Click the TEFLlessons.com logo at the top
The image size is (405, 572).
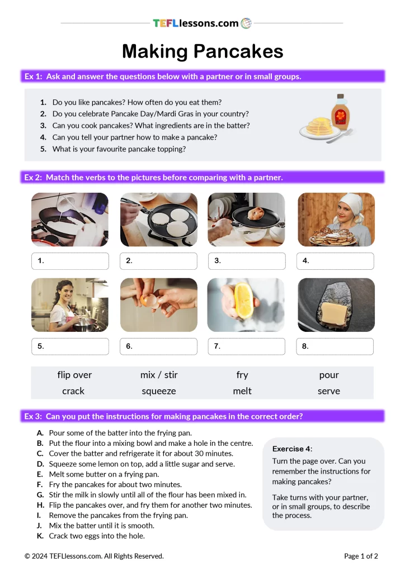point(202,23)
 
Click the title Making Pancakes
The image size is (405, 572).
point(202,51)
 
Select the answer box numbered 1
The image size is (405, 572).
point(70,261)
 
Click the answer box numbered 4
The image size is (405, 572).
point(335,261)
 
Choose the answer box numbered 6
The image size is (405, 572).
point(158,346)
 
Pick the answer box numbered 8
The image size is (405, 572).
point(335,346)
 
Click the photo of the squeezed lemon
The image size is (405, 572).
point(247,305)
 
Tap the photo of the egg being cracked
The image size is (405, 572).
point(158,305)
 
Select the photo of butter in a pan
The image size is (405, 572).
point(336,305)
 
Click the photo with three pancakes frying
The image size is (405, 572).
point(158,220)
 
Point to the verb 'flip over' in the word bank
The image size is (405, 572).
point(74,375)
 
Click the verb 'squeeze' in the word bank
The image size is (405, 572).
point(159,391)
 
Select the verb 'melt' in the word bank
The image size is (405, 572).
point(242,391)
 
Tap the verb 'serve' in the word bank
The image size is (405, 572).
point(329,391)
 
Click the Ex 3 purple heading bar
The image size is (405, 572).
point(202,416)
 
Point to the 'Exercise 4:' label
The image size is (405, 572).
point(292,449)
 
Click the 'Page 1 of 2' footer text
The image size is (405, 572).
point(361,556)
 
